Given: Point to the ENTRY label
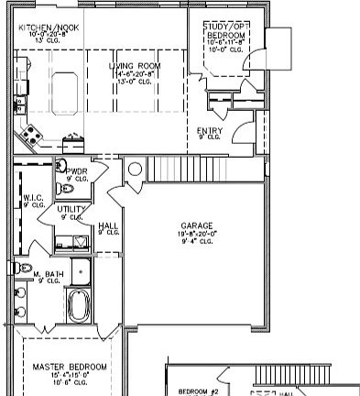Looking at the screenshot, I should (x=209, y=130).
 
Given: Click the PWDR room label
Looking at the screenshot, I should (x=76, y=170).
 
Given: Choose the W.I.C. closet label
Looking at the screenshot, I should (x=33, y=197).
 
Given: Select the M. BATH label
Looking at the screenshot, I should (x=47, y=274).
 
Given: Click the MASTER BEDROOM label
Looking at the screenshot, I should (x=70, y=367).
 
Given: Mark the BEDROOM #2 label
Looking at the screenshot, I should (x=195, y=389).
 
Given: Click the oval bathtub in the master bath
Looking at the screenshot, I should (x=79, y=305).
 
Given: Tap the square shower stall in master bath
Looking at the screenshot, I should (x=81, y=270).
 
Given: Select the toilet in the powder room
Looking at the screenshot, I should (x=65, y=188).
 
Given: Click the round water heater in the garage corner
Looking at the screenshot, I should (x=135, y=170).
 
